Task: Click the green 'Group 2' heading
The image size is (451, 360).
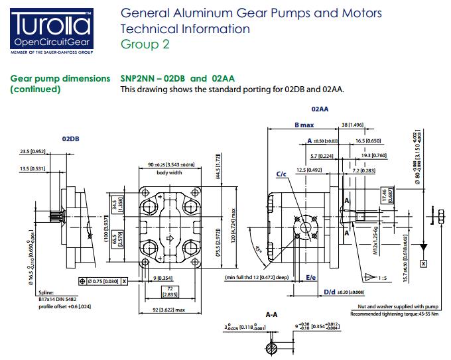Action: (x=145, y=44)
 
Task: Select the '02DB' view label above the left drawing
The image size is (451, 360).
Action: (x=71, y=140)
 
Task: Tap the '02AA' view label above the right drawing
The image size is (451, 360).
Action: (x=321, y=107)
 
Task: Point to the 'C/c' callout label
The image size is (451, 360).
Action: (x=281, y=174)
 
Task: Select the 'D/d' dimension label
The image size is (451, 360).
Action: (x=329, y=291)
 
